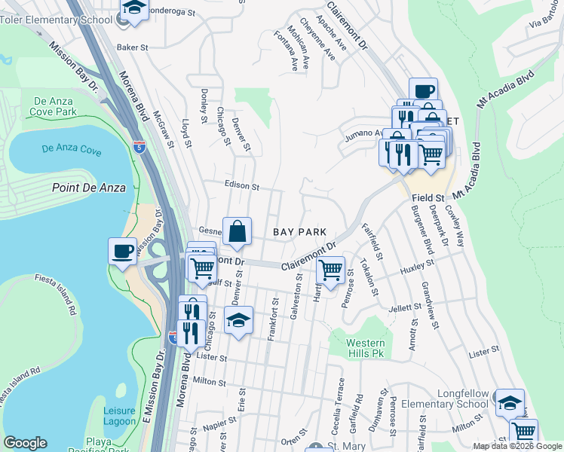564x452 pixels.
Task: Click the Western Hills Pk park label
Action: pyautogui.click(x=365, y=347)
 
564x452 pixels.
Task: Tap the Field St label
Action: pyautogui.click(x=428, y=197)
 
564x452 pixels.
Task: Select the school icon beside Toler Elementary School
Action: pyautogui.click(x=134, y=9)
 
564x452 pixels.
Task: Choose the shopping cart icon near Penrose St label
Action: pyautogui.click(x=330, y=269)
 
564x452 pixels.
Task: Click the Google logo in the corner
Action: pyautogui.click(x=25, y=443)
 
